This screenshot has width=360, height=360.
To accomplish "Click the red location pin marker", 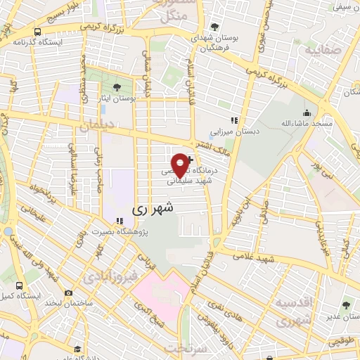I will coord(181,165).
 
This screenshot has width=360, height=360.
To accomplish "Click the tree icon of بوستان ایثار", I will coord(116,87).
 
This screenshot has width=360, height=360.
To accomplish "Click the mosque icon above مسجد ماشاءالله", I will coord(306,112).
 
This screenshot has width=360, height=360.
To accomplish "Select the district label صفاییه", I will coord(320,51).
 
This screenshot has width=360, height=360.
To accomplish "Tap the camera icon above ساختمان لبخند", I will coord(68,292).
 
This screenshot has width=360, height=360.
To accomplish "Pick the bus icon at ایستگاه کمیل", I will coord(19,286).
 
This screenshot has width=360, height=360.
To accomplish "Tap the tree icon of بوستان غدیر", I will coord(346,305).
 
